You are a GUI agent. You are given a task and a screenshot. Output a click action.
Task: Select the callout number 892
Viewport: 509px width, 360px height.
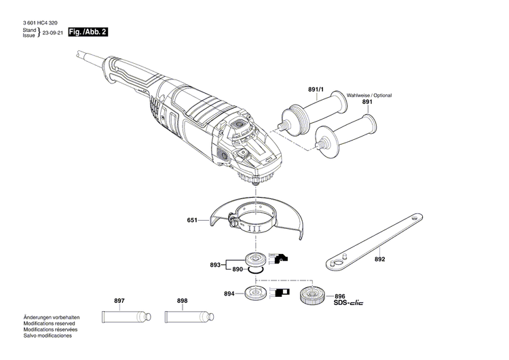pos(379,259)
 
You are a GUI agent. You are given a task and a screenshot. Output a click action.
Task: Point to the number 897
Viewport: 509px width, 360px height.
pos(119,300)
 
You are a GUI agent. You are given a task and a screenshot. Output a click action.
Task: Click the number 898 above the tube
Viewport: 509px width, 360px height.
pos(182,300)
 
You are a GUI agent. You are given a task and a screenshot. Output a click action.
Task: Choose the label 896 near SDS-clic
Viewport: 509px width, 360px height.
pos(340,296)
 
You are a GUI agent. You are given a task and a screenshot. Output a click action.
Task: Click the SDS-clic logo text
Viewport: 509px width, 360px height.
pos(348,304)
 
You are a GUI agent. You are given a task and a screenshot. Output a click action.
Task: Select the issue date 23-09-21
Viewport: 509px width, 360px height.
pos(54,33)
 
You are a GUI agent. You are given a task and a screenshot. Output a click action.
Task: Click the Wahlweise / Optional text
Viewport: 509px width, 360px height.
pos(369,96)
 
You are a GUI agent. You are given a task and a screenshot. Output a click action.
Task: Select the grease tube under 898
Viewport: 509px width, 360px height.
pos(186,317)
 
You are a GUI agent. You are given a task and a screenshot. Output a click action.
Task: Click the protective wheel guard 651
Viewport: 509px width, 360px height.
pos(258,221)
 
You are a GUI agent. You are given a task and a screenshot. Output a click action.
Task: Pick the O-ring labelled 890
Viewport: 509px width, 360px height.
pos(254,270)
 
